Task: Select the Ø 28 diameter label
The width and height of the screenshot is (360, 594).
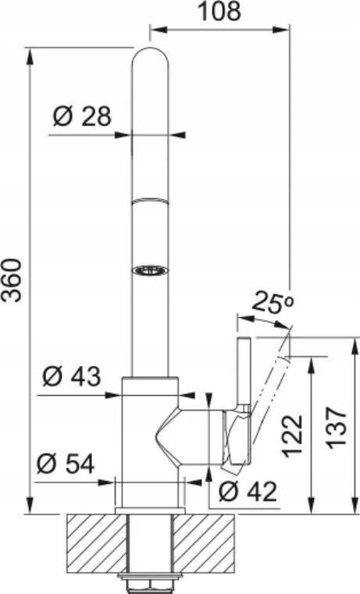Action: pyautogui.click(x=82, y=116)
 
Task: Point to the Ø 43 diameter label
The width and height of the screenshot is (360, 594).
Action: pyautogui.click(x=72, y=376)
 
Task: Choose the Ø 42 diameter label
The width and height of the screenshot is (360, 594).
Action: pyautogui.click(x=248, y=492)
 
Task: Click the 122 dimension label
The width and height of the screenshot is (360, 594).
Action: pyautogui.click(x=293, y=435)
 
